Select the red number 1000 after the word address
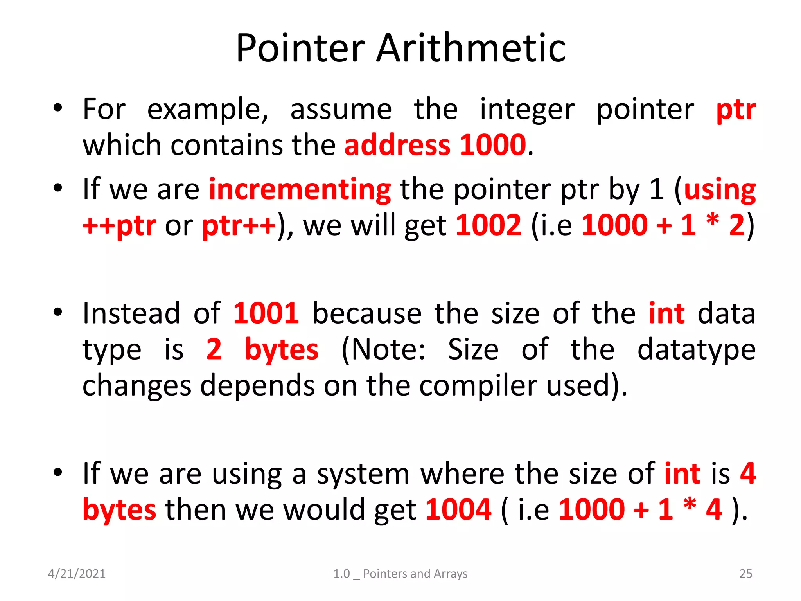493,145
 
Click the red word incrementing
300,190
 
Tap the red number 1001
266,314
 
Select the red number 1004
458,510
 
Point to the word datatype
696,350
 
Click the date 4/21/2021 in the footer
77,574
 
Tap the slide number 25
745,574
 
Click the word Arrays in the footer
451,574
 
